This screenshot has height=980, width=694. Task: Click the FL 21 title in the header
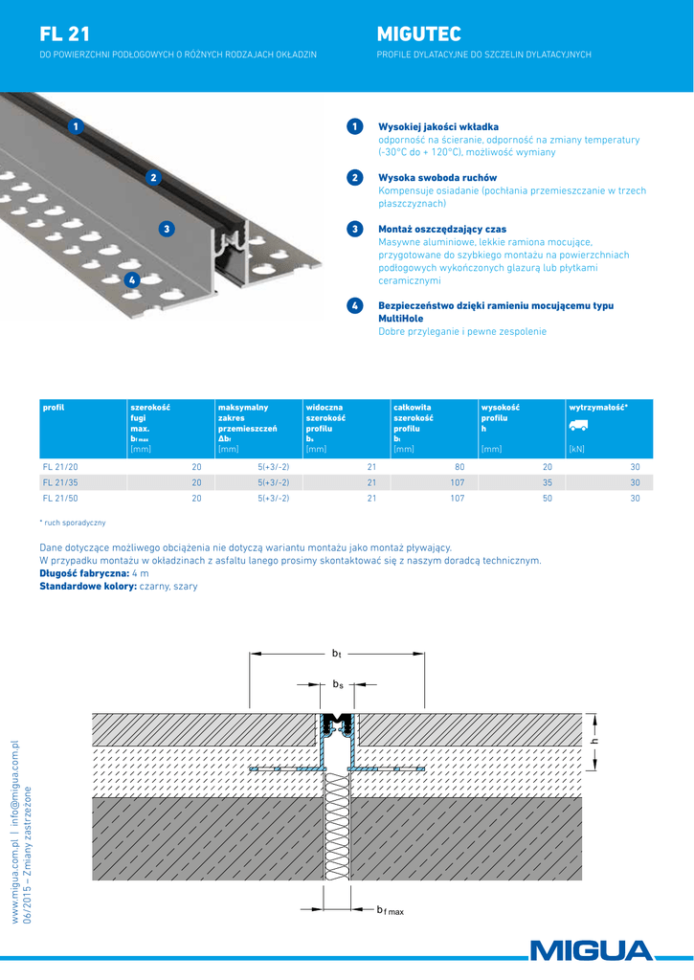65,34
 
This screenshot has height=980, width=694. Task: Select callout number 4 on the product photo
131,279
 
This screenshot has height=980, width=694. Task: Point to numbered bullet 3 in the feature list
354,229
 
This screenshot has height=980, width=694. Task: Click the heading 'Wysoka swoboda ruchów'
437,177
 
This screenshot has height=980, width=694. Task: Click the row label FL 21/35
61,482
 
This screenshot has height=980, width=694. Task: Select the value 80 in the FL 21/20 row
459,466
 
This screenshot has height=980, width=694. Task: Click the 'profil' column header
54,408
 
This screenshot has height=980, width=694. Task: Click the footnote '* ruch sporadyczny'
73,523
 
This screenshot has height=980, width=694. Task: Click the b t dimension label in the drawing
336,653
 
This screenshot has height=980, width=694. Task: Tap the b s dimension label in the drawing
337,684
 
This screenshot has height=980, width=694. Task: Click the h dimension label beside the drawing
594,741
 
